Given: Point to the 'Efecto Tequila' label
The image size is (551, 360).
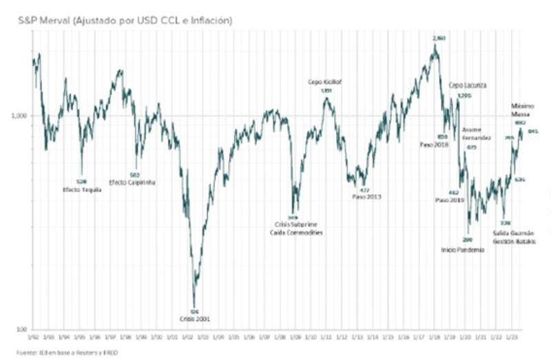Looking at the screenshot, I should coord(81,189).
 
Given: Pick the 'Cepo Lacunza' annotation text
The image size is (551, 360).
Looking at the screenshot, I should coord(468,85).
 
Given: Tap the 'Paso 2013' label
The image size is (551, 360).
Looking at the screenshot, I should coord(365,197).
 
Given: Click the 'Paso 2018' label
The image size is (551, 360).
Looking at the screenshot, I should coord(434,145).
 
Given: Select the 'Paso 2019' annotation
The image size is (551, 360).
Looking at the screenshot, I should coord(450,200).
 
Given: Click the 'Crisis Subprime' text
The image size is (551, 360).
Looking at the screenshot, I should coord(295,225).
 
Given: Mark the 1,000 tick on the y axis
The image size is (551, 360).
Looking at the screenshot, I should coord(19,116).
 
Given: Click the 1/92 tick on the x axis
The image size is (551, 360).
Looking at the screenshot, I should coord(32,339).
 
